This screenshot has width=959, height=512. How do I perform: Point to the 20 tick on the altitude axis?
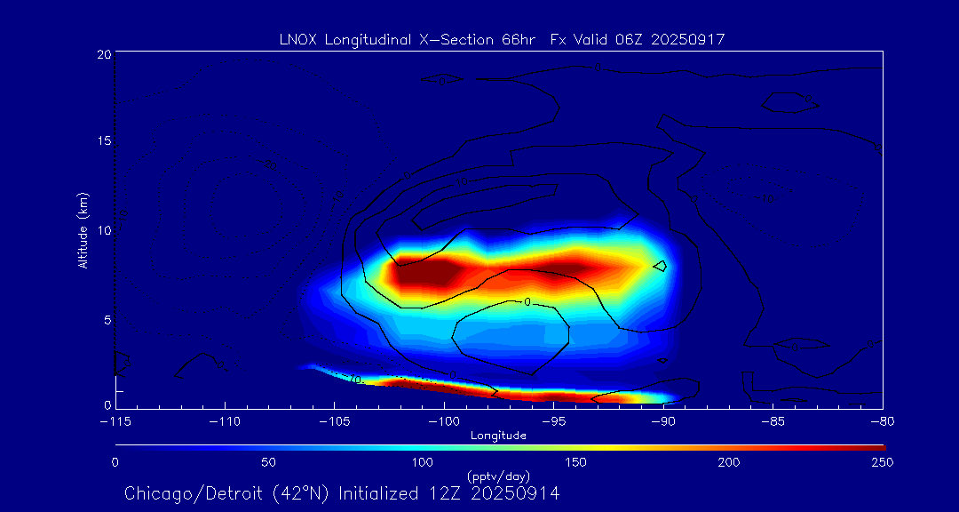(103, 54)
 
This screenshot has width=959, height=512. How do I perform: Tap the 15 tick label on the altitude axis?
(103, 142)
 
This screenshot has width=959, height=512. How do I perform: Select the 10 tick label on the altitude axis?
(103, 231)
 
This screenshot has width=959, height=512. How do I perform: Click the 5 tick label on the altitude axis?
(106, 320)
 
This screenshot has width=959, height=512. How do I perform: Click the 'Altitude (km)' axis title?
(83, 230)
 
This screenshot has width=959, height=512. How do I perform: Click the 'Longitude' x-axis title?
(498, 436)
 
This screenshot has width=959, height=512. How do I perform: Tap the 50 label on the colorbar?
(269, 462)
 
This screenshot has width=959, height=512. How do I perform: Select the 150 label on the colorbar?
(575, 462)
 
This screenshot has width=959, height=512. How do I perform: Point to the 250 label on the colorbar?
(882, 462)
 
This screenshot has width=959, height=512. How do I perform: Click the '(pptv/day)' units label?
(498, 476)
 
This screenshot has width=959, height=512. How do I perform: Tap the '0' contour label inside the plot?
(527, 302)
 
